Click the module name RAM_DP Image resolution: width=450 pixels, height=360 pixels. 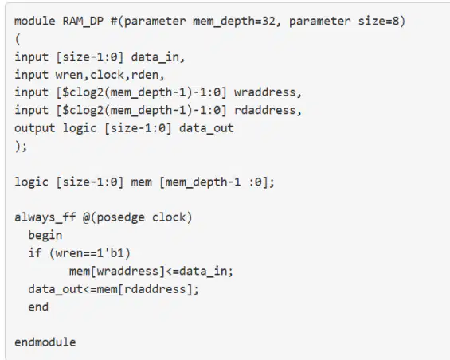[x=83, y=22]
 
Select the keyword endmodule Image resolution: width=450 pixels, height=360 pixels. [x=45, y=342]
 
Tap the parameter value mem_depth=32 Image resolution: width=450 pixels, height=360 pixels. [x=234, y=22]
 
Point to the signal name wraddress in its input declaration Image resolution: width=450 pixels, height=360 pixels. [x=265, y=92]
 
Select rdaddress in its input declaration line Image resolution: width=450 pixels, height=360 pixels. [x=265, y=110]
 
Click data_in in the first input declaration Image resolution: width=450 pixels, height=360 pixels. [x=155, y=57]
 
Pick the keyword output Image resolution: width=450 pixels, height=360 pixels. [x=35, y=128]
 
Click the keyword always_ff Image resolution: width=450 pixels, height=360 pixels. [x=45, y=217]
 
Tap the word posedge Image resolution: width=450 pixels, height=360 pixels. [x=121, y=218]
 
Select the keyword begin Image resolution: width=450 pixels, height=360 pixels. [x=45, y=236]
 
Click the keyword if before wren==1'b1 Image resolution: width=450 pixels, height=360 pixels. [x=35, y=253]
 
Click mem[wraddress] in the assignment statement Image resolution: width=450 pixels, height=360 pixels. [x=117, y=271]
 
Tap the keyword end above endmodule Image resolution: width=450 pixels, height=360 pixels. [x=38, y=307]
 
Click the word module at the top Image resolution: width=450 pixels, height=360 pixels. [x=35, y=22]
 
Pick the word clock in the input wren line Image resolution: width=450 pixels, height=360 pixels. [x=111, y=75]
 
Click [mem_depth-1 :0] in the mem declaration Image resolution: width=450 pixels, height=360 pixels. [x=213, y=182]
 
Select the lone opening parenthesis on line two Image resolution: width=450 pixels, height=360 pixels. [x=18, y=39]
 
